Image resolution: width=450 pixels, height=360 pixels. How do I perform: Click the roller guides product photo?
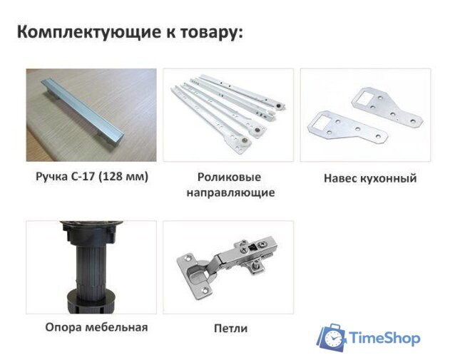(x=227, y=113)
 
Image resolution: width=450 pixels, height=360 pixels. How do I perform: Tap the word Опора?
(x=62, y=327)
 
